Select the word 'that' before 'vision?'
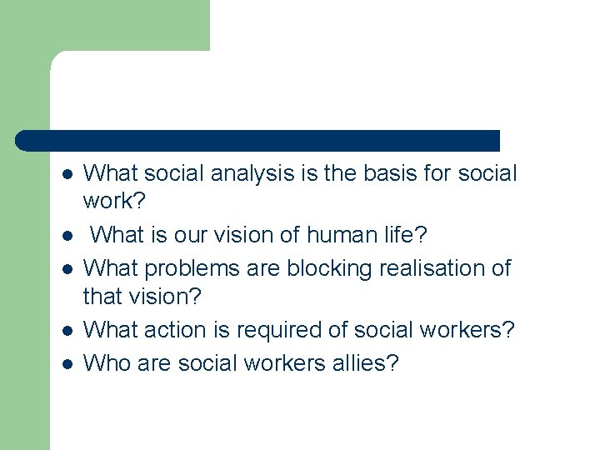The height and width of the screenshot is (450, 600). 102,296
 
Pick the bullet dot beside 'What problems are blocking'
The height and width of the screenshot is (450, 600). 67,270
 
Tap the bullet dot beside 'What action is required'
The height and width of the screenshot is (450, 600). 67,332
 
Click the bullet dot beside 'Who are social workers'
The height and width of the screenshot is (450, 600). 67,363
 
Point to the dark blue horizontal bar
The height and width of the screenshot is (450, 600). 258,141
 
